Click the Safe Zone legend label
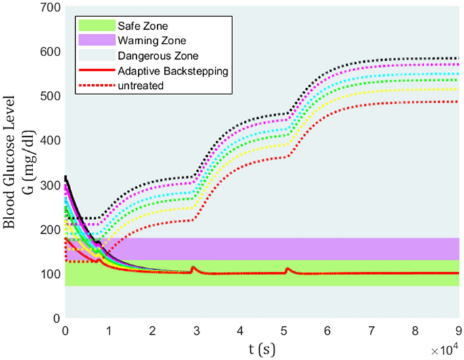point(135,26)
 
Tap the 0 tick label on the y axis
point(56,317)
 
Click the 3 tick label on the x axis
point(196,330)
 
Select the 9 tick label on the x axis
point(459,330)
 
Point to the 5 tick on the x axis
point(284,330)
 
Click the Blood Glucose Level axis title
point(13,163)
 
